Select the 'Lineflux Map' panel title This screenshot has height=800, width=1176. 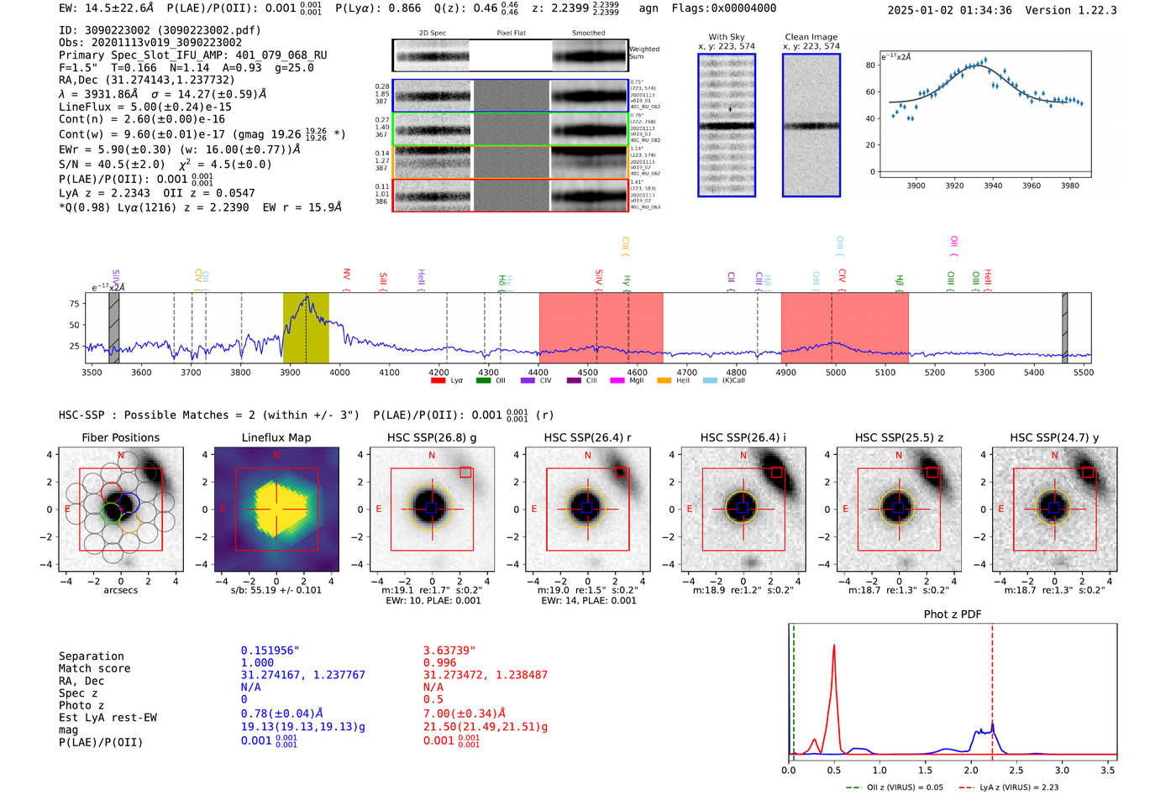click(x=276, y=437)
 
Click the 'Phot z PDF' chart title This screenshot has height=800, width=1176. click(x=952, y=614)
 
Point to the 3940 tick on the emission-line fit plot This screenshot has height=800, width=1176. click(x=993, y=186)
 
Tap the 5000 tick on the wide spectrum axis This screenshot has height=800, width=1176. click(x=835, y=373)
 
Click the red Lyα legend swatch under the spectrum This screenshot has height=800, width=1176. click(x=438, y=381)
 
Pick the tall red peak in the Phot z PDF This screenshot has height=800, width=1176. click(x=833, y=646)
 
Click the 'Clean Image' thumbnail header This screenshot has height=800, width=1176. click(x=811, y=37)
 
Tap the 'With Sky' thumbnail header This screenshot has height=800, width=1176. click(x=726, y=37)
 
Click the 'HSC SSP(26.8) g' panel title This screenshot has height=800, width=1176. click(x=432, y=437)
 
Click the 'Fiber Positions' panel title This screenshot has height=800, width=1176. click(x=120, y=437)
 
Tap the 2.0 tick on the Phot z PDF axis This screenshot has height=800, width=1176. click(x=971, y=770)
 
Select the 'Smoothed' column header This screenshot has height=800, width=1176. click(x=588, y=34)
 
